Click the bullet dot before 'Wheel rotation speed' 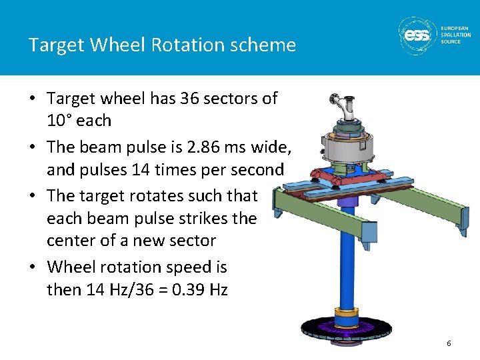coord(33,267)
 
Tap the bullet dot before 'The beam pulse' coord(33,147)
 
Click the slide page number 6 coord(449,343)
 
